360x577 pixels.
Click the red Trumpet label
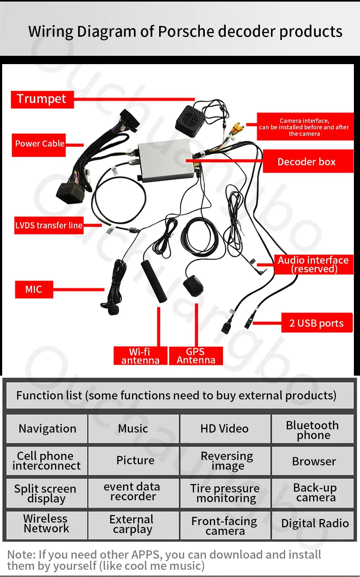point(42,99)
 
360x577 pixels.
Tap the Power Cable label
point(39,144)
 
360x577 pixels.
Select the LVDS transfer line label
point(49,225)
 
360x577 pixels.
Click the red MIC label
point(33,290)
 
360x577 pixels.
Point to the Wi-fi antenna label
point(140,356)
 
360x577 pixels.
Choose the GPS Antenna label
point(196,356)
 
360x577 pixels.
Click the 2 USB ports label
point(316,323)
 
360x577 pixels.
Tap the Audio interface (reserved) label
point(313,264)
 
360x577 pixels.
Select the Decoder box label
point(307,162)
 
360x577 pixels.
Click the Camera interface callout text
point(305,127)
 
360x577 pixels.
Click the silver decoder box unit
point(166,160)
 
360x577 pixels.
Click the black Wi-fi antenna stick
point(154,281)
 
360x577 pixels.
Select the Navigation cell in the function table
point(47,429)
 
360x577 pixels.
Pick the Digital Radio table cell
point(315,523)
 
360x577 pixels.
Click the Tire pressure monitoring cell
point(225,493)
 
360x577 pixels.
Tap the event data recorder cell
point(132,492)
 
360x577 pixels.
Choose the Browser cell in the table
point(314,461)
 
